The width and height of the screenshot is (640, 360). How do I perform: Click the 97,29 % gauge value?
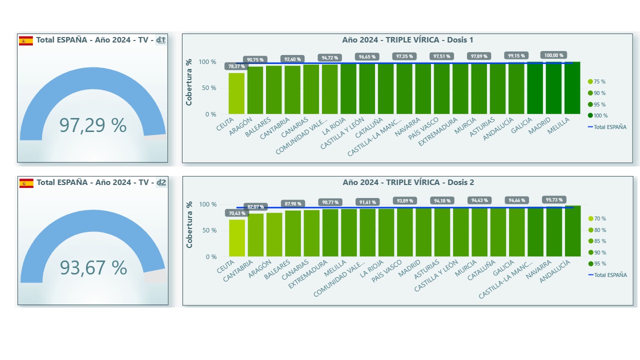coord(93,125)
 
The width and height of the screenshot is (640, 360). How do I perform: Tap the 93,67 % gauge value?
coord(93,268)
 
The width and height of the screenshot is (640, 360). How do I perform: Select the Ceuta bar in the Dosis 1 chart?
coord(236,94)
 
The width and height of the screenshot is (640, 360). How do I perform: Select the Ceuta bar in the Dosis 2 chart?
coord(237,238)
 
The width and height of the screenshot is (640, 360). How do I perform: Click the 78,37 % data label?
coord(236,66)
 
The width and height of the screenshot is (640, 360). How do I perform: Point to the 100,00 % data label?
coord(553,55)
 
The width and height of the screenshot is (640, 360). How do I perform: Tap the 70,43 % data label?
coord(237,213)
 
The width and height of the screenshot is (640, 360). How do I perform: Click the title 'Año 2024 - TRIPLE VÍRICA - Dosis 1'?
coord(407,40)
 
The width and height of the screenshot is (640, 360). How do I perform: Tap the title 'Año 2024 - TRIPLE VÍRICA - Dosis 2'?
coord(408,182)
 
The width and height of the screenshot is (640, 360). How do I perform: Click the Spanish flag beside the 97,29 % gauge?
coord(26,40)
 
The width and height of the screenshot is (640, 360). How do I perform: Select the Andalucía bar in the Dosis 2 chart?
coord(573,231)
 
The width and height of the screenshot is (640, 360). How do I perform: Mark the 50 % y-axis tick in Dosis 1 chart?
coord(209,88)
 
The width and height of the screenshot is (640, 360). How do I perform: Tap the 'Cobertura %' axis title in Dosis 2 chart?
coord(189,225)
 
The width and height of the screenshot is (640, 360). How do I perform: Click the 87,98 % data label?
coord(293,204)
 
